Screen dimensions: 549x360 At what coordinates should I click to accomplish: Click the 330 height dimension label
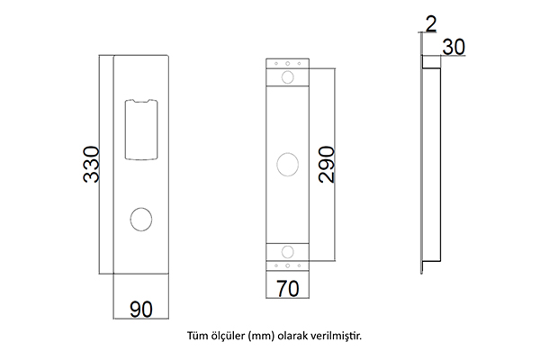pos(92,164)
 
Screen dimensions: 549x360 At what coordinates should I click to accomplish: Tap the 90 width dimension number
pos(141,310)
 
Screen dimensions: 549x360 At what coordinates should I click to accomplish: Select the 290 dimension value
pos(327,164)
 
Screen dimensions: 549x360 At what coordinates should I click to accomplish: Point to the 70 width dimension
pos(288,289)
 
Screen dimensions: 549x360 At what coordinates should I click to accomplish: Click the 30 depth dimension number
pos(454,47)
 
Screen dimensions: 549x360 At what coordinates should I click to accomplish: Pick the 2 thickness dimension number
pos(431,24)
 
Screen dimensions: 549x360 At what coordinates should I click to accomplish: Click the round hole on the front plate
pos(141,220)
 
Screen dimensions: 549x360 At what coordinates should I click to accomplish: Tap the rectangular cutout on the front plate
pos(141,130)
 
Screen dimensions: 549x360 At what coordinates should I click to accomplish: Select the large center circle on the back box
pos(287,164)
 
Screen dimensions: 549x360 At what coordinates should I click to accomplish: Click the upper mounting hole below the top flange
pos(287,77)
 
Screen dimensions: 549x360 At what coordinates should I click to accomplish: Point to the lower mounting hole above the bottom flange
pos(287,252)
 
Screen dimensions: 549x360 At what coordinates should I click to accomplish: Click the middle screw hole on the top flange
pos(287,63)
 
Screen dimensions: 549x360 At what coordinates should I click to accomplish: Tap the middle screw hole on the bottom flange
pos(287,265)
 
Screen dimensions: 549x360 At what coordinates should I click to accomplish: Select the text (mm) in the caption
pos(261,337)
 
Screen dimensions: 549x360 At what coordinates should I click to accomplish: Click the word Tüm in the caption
pos(198,336)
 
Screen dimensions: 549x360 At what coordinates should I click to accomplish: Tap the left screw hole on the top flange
pos(276,63)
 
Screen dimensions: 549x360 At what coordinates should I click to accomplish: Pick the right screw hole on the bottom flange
pos(299,265)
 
